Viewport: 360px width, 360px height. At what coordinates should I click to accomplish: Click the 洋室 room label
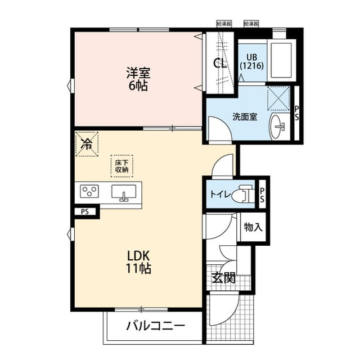pos(138,73)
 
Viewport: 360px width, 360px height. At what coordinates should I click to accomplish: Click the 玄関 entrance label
pos(223,278)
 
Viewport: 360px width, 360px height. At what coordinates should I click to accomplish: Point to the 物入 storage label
pos(252,227)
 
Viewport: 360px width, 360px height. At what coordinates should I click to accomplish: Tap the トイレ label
pos(219,195)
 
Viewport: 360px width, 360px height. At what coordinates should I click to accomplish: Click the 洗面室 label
pos(245,117)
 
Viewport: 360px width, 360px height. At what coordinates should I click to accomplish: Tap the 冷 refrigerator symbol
pos(87,143)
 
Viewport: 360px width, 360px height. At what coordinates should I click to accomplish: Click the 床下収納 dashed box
pos(121,165)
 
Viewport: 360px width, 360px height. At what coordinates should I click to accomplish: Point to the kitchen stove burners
pos(89,192)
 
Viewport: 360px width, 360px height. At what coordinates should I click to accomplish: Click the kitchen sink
pos(124,192)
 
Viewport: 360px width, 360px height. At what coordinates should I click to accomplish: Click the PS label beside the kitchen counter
pos(84,212)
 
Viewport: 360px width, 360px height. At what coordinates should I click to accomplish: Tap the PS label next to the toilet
pos(262,194)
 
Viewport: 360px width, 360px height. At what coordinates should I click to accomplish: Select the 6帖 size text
pos(138,87)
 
